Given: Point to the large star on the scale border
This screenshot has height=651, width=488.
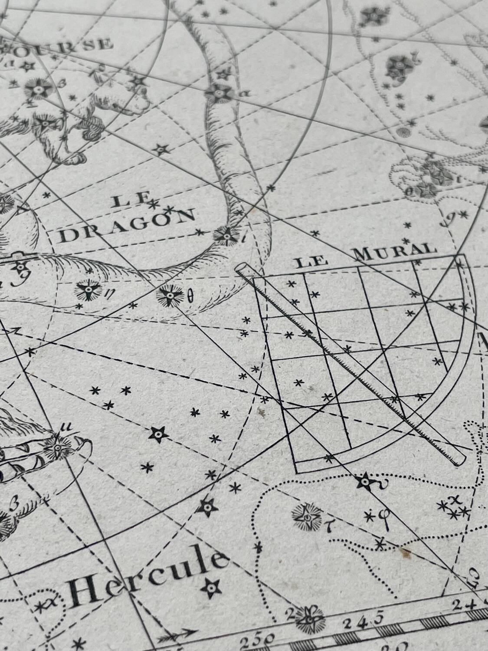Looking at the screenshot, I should point(311,618).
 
